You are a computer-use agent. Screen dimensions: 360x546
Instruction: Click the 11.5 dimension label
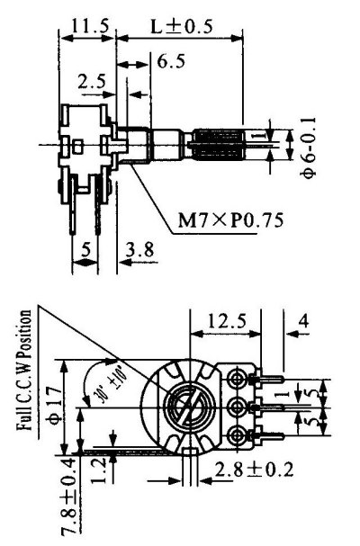pos(90,26)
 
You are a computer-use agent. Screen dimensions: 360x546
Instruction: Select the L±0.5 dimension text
pos(182,26)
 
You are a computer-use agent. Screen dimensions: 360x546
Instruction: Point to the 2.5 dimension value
pos(92,82)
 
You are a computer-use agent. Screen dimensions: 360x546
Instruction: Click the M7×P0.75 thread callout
pos(230,219)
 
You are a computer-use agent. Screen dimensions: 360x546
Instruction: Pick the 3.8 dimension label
pos(140,249)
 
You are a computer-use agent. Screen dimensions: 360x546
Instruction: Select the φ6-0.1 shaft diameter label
pos(309,148)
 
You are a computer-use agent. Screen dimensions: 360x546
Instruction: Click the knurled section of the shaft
pos(217,145)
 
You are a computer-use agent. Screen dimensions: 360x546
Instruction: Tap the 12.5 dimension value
pos(227,321)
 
